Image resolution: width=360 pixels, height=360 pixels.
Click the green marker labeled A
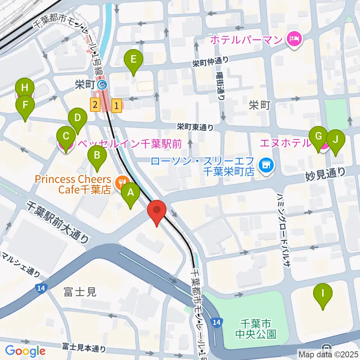[x=130, y=193]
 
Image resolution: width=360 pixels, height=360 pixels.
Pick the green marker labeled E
[x=133, y=59]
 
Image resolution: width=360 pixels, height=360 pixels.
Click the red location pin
[x=157, y=211]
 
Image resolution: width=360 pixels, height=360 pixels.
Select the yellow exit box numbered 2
[x=95, y=105]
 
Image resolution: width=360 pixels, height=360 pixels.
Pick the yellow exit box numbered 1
[x=117, y=105]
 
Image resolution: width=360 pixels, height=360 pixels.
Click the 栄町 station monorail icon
[x=102, y=85]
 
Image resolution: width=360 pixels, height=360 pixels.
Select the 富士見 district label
[x=80, y=292]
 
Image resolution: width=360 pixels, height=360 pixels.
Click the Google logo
[x=25, y=351]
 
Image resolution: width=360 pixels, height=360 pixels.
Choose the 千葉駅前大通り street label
[x=58, y=221]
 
